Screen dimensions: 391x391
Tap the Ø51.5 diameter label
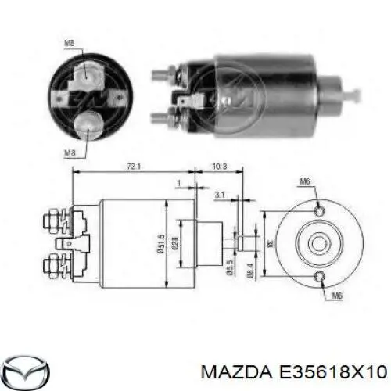(161, 246)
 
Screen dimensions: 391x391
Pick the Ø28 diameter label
(177, 246)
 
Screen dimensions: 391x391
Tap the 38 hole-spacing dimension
(274, 242)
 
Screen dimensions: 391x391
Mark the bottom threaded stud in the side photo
(160, 118)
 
